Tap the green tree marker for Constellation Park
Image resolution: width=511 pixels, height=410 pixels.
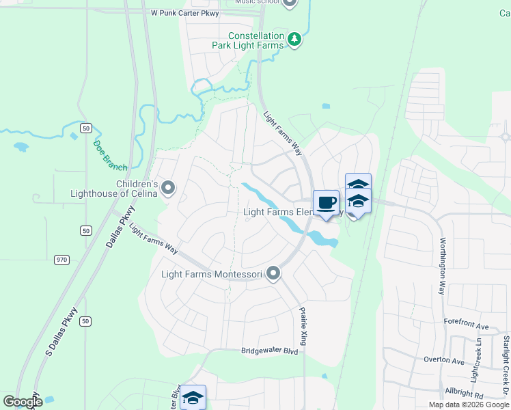coord(294,40)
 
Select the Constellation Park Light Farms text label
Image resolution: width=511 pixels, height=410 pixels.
coord(256,40)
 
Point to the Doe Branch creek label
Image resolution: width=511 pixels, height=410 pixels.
coord(110,155)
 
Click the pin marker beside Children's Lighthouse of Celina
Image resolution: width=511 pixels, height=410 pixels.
coord(169,187)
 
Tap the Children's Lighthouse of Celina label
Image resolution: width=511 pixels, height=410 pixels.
coord(115,188)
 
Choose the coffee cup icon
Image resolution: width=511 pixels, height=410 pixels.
coord(327,203)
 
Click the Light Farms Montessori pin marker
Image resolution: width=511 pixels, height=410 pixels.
coord(273,274)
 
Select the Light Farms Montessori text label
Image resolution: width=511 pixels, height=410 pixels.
coord(211,275)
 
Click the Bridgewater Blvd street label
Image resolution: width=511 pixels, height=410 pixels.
coord(270,351)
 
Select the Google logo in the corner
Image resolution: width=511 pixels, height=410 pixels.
coord(23,401)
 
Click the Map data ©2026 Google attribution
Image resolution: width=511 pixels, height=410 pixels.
coord(469,405)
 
